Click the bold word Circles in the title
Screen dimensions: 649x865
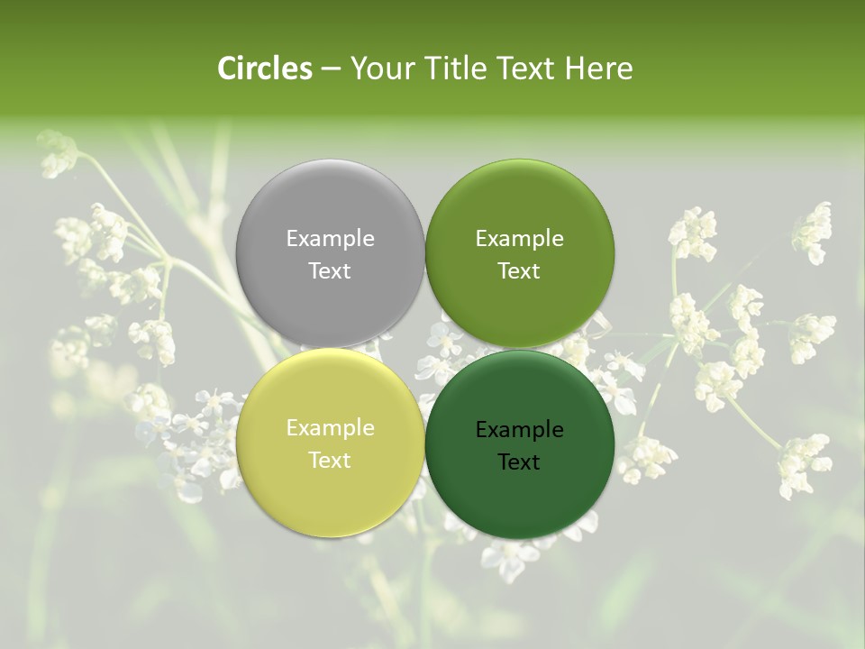click(x=265, y=69)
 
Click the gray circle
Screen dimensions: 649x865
click(x=330, y=207)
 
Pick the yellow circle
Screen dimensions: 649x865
click(x=330, y=491)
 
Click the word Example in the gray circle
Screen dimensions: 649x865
click(x=330, y=239)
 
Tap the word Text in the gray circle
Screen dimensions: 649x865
click(x=330, y=270)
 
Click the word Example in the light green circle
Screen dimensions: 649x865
click(x=519, y=239)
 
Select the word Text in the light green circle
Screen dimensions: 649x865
click(x=519, y=270)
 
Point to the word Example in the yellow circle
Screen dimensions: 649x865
click(x=330, y=428)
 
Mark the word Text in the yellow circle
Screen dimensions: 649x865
click(x=330, y=460)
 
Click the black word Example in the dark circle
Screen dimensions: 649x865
click(x=519, y=430)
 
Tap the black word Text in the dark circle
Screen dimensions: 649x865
click(x=519, y=462)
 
